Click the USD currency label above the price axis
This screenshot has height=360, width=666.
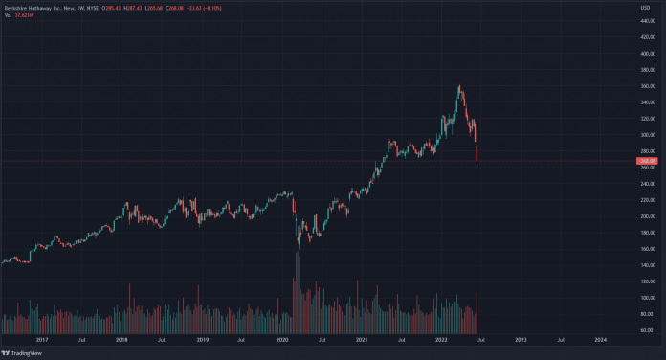[645, 8]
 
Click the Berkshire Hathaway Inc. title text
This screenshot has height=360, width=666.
[38, 7]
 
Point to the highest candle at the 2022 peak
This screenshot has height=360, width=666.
[460, 88]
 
